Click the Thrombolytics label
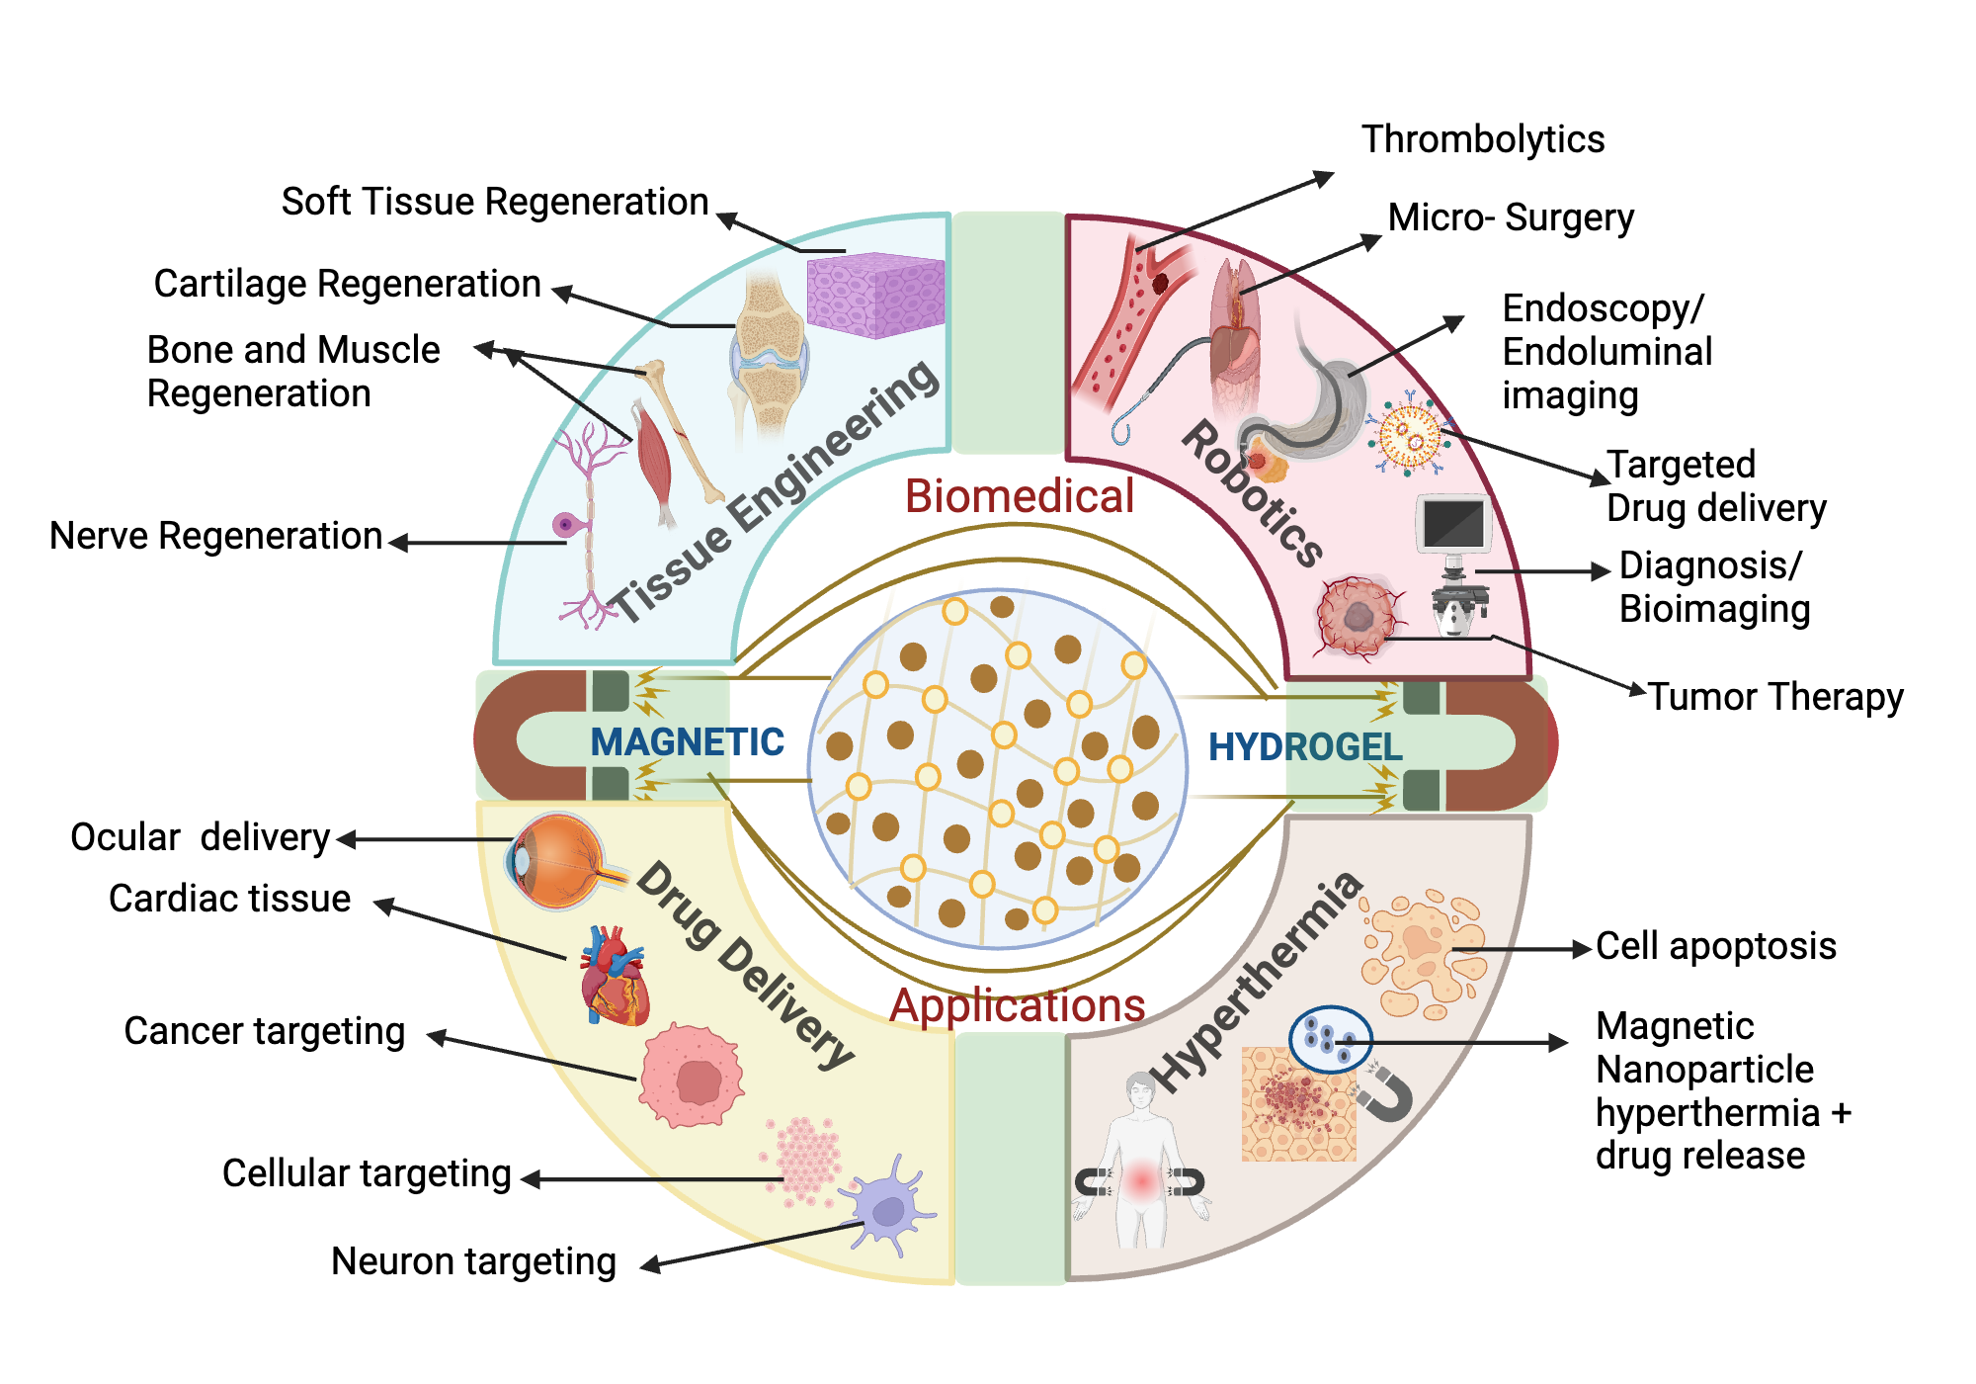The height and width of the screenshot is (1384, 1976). coord(1482,139)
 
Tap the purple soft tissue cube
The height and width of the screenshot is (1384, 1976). coord(875,295)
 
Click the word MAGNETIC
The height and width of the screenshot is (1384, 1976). coord(687,742)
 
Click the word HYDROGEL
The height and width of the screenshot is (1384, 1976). coord(1304,747)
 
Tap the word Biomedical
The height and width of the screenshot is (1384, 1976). coord(1019,496)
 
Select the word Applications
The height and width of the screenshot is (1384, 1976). coord(1017,1005)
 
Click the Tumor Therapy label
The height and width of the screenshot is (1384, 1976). coord(1774,697)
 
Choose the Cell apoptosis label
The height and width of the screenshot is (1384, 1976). coord(1715,946)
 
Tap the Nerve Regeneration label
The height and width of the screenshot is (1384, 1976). coord(215,536)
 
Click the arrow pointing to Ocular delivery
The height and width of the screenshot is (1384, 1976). coord(425,839)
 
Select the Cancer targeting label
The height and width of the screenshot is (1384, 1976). coord(264,1031)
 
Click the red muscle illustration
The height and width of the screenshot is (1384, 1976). coord(653,456)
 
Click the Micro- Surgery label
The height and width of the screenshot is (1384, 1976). coord(1510,217)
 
